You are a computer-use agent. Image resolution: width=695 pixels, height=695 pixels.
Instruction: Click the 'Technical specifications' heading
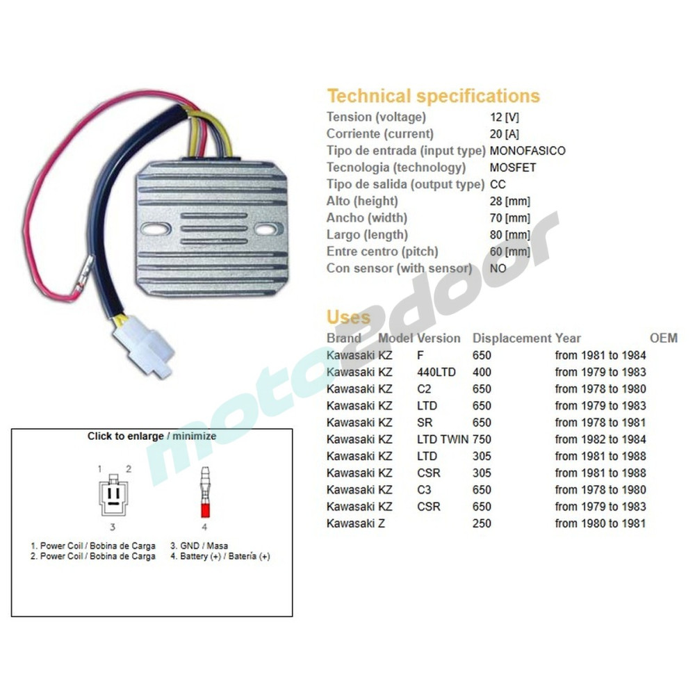433,96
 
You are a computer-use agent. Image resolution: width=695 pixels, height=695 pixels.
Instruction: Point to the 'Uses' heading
348,318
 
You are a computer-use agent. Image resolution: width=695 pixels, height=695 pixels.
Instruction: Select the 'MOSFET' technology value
513,167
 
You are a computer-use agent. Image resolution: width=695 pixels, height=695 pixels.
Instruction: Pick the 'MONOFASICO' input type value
528,150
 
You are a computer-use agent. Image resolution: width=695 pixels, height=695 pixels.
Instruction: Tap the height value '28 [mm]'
510,201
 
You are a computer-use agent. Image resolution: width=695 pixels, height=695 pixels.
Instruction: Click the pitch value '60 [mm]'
510,252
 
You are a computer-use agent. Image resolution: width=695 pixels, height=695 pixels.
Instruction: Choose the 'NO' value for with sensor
499,268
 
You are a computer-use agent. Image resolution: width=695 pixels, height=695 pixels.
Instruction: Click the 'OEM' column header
663,338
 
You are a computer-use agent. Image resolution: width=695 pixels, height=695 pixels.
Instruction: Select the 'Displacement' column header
512,338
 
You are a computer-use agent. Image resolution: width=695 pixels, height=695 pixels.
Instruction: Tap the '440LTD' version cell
436,372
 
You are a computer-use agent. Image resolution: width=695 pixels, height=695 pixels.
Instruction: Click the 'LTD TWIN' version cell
443,439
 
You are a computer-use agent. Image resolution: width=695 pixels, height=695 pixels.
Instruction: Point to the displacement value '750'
482,439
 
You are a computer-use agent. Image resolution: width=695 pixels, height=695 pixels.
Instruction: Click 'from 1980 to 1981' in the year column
600,523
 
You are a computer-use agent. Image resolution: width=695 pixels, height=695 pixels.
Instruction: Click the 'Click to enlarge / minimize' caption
152,436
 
